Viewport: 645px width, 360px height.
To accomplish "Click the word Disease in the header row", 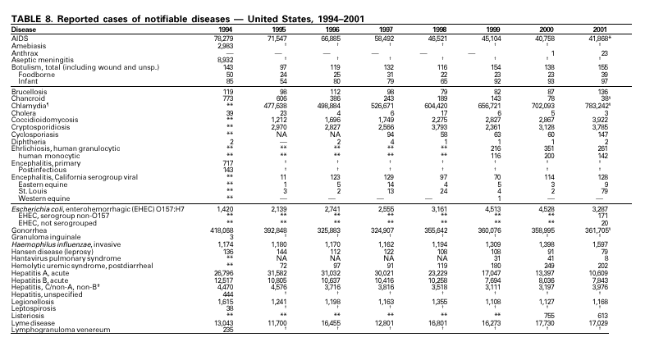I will point(24,29).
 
